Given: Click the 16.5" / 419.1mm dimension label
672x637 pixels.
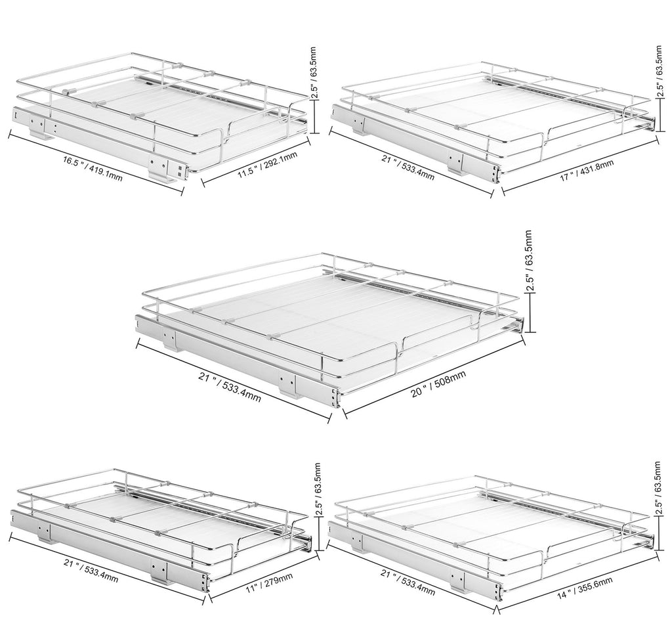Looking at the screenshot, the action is pos(93,169).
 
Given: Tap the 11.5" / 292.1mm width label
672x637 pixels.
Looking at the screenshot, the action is pos(268,165).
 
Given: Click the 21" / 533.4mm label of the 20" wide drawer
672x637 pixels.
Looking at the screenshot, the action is pos(229,387).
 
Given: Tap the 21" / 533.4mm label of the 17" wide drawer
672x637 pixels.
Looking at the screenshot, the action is pos(408,167).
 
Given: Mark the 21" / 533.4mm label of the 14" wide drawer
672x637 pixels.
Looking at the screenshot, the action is pos(408,582).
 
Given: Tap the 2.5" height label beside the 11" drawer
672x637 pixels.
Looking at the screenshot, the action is pos(318,489).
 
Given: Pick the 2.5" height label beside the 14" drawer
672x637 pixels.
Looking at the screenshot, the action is pos(658,488).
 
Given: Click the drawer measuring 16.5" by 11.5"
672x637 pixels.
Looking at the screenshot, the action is pos(159,116).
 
